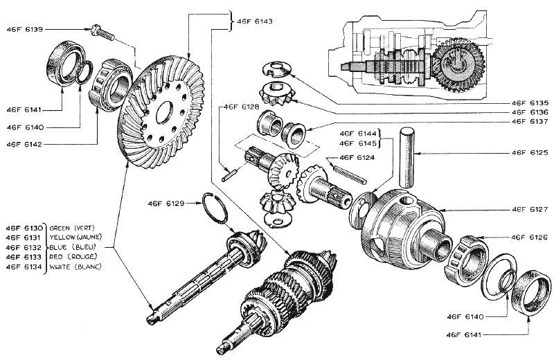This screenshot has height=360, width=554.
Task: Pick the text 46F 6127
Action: tap(530, 208)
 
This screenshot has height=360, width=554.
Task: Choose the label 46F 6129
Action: tap(166, 204)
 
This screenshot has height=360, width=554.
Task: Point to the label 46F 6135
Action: tap(530, 102)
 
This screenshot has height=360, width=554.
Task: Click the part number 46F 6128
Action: tap(240, 107)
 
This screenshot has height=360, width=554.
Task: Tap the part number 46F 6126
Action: tap(530, 237)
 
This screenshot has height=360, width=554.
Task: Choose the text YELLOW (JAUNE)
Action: tap(76, 237)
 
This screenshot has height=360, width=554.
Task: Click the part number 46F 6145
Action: tap(357, 143)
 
